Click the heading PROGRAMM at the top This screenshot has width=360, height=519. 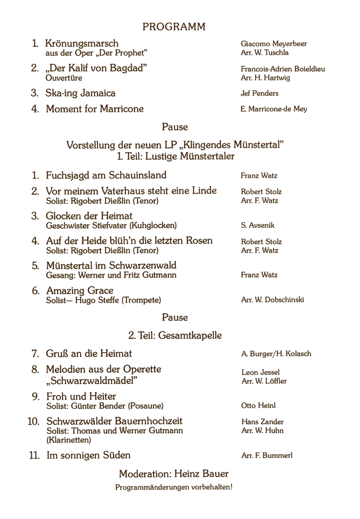[174, 27]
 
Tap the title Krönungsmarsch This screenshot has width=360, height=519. [82, 44]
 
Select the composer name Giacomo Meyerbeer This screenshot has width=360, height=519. [273, 44]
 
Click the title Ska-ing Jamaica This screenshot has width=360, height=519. [81, 93]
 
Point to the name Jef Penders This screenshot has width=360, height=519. [260, 93]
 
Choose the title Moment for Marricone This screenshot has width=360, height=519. [95, 108]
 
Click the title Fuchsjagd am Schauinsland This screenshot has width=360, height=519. [106, 175]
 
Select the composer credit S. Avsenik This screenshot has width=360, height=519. [258, 225]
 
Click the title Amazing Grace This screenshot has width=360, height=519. [80, 290]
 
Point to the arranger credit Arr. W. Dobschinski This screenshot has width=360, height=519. [273, 300]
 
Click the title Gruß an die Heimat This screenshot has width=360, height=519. [89, 353]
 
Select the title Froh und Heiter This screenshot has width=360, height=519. [81, 396]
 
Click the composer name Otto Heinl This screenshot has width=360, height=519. [259, 405]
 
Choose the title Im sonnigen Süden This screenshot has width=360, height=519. [88, 455]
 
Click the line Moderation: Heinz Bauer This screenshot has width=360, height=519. [173, 474]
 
